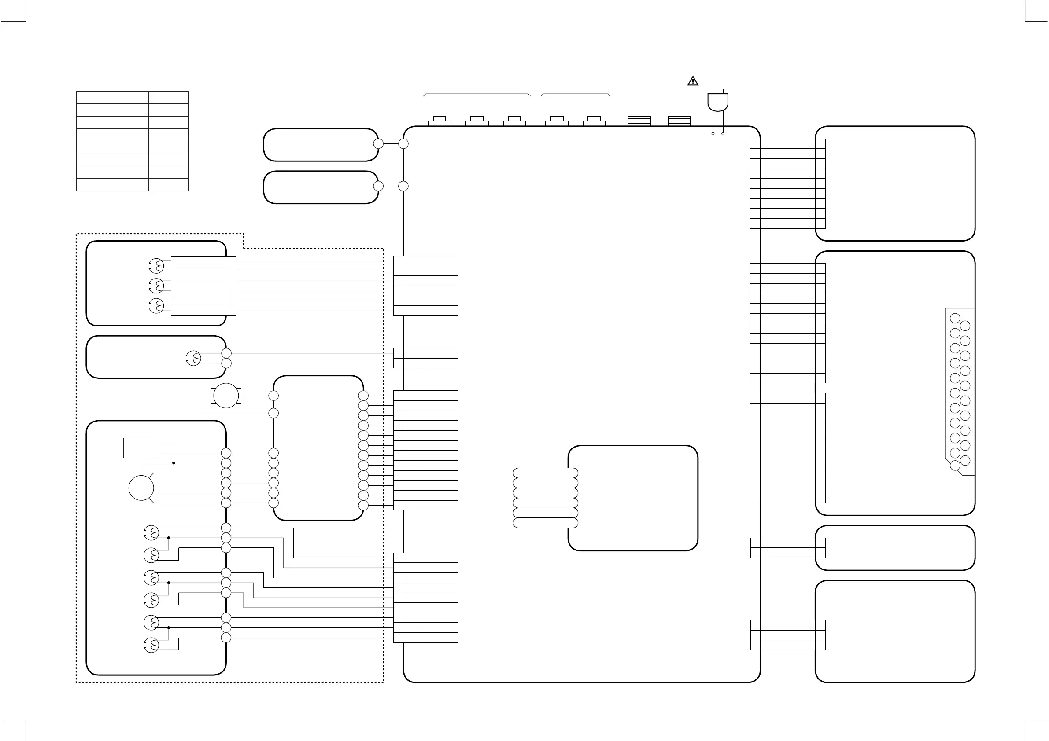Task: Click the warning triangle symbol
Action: coord(693,81)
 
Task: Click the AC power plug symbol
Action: coord(718,102)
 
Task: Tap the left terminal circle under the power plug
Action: coord(713,134)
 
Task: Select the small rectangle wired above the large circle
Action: coord(141,448)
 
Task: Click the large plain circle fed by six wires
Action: coord(141,488)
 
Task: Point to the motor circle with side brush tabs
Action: coord(226,396)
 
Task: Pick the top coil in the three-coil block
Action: coord(156,266)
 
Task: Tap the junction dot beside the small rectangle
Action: coord(174,463)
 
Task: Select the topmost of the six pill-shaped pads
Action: coord(546,473)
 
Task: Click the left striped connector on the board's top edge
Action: coord(639,121)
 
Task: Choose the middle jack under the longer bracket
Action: coord(477,121)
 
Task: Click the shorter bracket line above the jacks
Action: coord(575,94)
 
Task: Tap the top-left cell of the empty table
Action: coord(112,97)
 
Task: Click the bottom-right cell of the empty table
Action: coord(168,184)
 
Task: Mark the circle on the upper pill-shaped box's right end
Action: coord(378,144)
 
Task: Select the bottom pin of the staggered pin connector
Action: coord(955,466)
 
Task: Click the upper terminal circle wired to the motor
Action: coord(273,396)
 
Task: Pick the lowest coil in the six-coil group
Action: coord(151,645)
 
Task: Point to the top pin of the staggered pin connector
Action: coord(955,318)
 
